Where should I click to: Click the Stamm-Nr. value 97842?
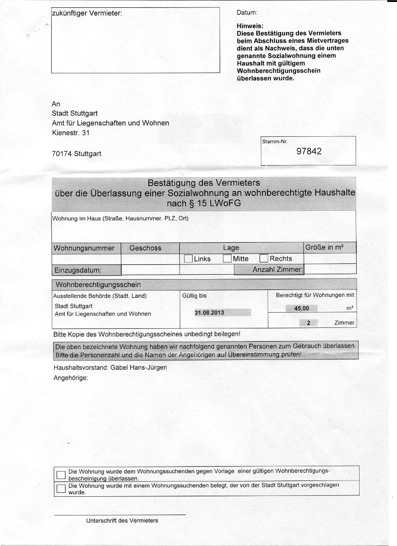tap(308, 152)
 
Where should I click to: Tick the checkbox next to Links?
tap(188, 258)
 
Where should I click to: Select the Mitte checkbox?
tap(227, 258)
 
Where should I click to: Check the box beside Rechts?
tap(264, 258)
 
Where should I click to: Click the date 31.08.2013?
tap(210, 313)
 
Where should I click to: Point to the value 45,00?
tap(301, 308)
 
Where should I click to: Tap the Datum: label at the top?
tap(247, 13)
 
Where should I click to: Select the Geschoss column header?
tap(145, 248)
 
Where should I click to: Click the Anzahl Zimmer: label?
tap(278, 270)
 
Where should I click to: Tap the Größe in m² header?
tap(324, 247)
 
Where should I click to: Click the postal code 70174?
tap(63, 154)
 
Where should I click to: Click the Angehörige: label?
tap(70, 378)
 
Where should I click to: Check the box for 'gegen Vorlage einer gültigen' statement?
tap(61, 475)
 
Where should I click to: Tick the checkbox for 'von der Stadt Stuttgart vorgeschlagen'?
tap(61, 488)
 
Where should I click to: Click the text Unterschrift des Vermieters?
tap(122, 520)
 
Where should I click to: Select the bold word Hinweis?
tap(250, 26)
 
